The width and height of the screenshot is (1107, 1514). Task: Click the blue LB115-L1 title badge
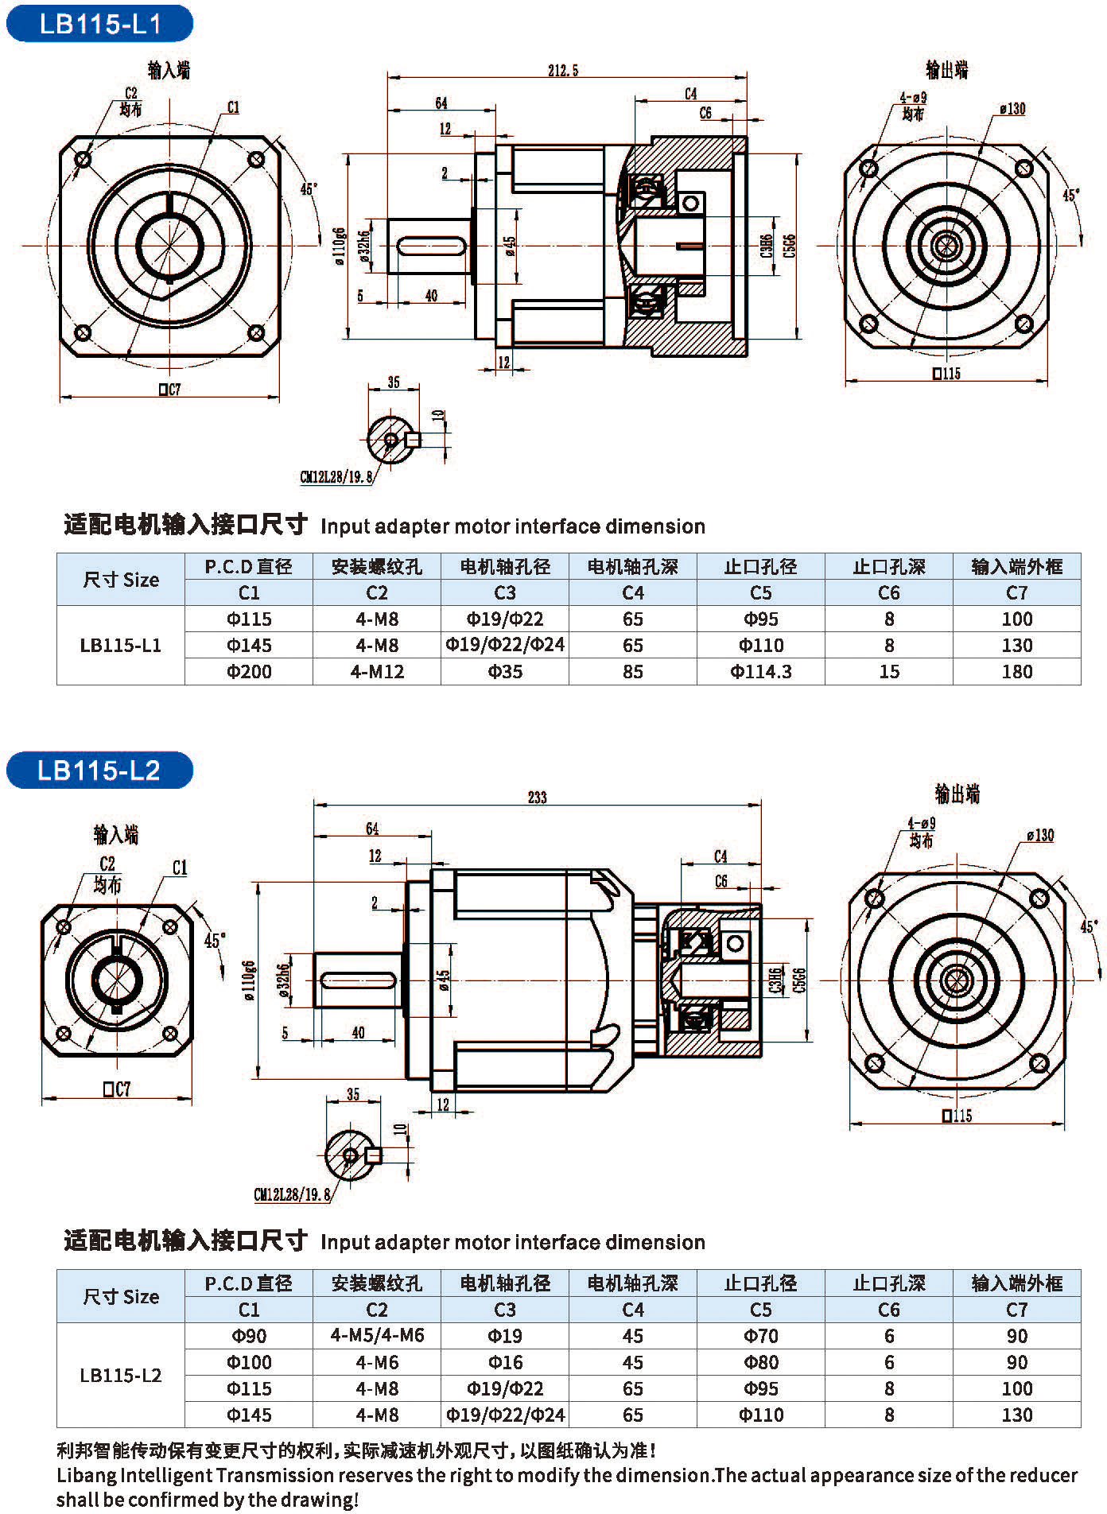(99, 23)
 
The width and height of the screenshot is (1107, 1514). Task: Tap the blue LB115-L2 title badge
(99, 770)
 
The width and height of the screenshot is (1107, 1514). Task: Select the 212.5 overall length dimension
(562, 71)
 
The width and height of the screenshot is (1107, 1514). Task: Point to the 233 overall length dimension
(537, 797)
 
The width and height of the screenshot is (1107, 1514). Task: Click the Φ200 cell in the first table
(249, 672)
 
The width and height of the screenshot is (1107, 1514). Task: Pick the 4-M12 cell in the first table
(377, 672)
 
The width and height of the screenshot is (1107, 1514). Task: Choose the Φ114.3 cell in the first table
(761, 672)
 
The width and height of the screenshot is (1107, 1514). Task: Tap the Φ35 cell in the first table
(505, 672)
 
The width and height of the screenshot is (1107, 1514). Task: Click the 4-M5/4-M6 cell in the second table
(377, 1335)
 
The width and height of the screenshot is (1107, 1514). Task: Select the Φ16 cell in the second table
(505, 1362)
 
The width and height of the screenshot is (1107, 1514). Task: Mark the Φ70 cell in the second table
(761, 1336)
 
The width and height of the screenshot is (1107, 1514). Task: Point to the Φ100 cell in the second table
(249, 1362)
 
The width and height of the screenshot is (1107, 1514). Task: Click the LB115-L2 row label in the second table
(121, 1375)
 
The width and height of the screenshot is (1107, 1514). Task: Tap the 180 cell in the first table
(1016, 672)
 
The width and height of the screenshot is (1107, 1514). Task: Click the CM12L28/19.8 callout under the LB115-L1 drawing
(335, 478)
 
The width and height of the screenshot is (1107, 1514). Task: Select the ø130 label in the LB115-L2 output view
(1039, 835)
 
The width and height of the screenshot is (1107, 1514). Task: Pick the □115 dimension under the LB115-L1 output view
(946, 373)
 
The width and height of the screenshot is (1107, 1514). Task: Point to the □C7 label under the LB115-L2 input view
(116, 1089)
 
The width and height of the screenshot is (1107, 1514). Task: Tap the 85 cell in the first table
(633, 672)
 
